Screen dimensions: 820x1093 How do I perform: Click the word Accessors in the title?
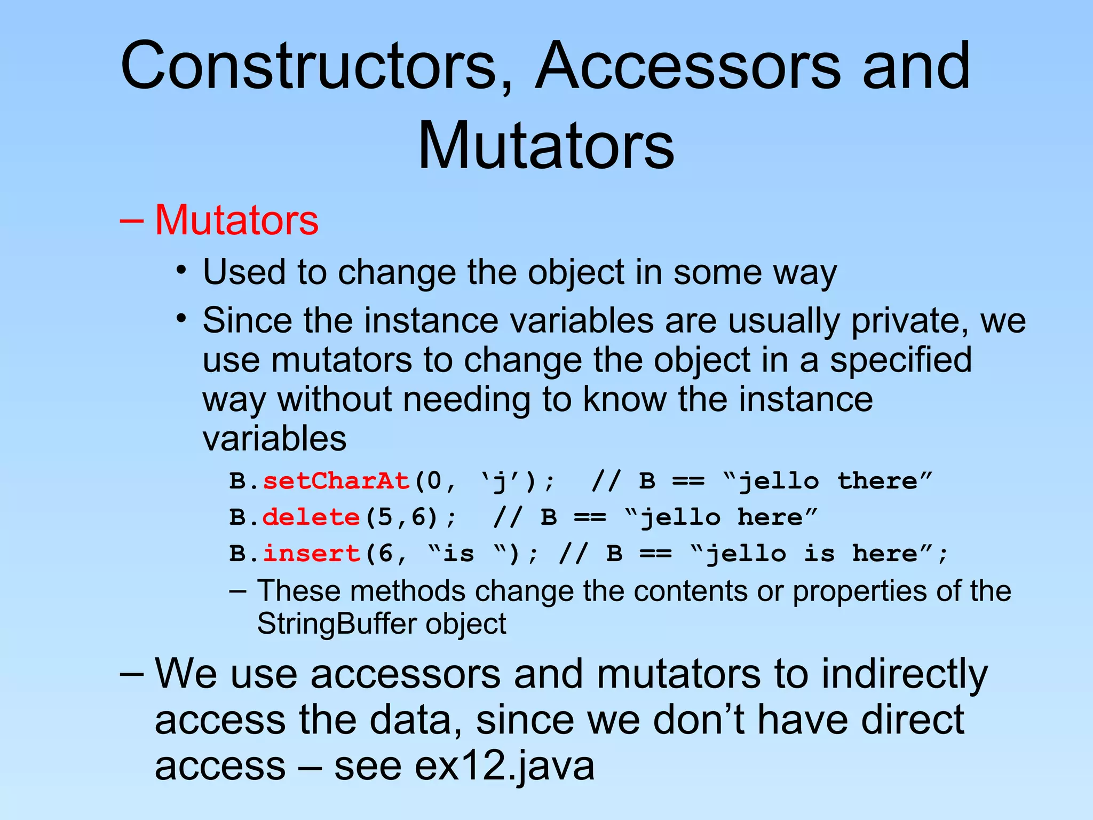tap(688, 66)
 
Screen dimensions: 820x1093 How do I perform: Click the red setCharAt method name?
tap(336, 481)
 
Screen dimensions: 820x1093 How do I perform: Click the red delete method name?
tap(311, 517)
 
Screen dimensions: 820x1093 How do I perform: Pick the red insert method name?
tap(312, 553)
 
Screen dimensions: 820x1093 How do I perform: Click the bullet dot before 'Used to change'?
tap(182, 270)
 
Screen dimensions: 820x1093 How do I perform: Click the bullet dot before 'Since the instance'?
tap(182, 319)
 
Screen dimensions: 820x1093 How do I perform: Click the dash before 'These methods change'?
tap(238, 591)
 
